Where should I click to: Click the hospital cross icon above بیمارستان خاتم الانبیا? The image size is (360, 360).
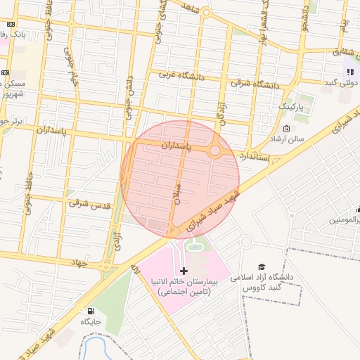point(184,271)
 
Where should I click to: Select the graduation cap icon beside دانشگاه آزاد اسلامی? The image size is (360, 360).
point(262,267)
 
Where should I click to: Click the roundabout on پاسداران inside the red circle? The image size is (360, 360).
point(215,150)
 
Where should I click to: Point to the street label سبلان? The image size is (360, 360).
point(176,192)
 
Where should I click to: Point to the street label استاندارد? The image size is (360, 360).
point(255,155)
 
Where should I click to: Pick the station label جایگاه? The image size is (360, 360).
point(91,322)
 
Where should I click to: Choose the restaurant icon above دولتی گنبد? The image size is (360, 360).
point(349,71)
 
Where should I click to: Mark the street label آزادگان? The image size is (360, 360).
point(219,112)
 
